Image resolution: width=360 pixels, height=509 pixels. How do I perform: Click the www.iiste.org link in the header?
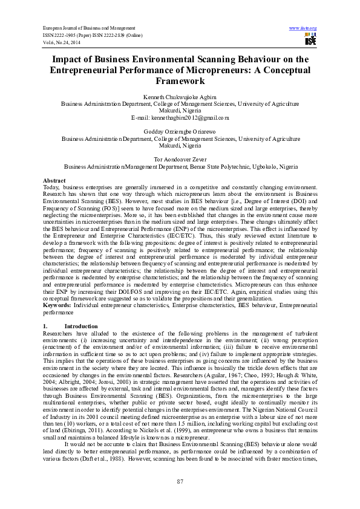303,28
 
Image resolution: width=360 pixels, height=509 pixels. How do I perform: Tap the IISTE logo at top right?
310,41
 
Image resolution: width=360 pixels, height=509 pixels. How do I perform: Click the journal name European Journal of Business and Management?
88,28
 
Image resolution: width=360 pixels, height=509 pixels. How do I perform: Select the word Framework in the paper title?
179,80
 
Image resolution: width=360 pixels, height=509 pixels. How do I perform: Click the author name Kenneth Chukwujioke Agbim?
180,97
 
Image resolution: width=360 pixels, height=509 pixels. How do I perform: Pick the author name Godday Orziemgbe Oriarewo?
180,132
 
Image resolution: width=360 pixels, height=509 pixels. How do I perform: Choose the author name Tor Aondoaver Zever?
180,160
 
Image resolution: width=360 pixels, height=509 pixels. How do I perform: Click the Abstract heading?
54,181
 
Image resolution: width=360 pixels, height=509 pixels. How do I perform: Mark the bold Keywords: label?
57,306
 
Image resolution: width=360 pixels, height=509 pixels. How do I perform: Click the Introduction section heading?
80,326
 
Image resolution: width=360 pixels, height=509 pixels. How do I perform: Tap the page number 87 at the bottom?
180,481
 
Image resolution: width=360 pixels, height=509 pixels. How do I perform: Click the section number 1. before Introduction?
45,326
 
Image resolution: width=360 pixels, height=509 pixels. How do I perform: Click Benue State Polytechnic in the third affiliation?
221,166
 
